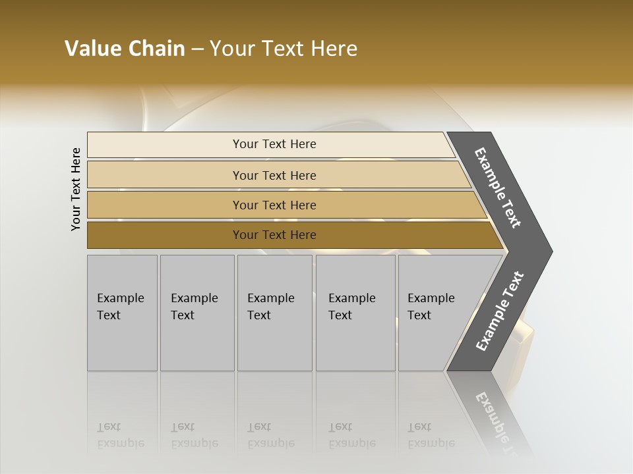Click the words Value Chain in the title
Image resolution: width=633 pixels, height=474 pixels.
pos(125,49)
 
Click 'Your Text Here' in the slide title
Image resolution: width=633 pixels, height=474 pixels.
pos(284,49)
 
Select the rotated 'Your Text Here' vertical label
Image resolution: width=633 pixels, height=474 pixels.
pos(76,189)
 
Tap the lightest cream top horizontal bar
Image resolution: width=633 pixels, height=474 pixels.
pos(274,144)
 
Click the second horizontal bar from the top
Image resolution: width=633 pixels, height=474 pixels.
pos(274,175)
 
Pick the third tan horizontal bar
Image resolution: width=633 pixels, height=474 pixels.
pos(274,205)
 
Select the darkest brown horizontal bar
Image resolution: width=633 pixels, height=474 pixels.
pos(274,235)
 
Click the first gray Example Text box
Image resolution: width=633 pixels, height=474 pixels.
pos(122,312)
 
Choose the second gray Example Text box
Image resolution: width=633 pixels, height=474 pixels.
pos(196,312)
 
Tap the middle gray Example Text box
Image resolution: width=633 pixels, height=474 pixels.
pos(274,312)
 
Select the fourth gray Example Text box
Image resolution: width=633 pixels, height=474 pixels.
pos(355,312)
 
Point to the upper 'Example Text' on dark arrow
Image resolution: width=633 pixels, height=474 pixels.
pos(498,188)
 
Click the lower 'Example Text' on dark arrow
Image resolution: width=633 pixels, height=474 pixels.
pos(500,311)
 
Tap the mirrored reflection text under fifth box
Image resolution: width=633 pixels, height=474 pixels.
pos(431,435)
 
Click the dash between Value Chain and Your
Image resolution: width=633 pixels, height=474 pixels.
pos(197,49)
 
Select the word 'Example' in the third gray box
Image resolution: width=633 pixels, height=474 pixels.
pos(270,298)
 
